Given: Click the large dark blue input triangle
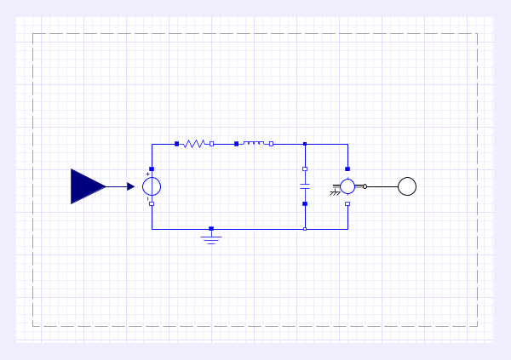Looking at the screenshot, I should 85,186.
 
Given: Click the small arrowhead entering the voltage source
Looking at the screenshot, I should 131,186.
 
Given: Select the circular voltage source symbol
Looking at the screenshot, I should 152,186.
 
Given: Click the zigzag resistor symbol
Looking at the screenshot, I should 194,144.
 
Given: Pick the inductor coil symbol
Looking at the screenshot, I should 254,144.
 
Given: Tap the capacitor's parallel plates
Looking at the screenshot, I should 305,186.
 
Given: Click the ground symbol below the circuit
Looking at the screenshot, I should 211,237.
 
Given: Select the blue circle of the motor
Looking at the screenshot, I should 347,186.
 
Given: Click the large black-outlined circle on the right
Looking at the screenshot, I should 407,186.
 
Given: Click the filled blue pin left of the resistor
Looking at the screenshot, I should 177,144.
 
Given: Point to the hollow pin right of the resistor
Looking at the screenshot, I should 211,144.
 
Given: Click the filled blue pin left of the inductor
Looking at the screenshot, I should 237,144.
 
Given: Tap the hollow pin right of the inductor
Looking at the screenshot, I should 271,144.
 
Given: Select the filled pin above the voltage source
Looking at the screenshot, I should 152,169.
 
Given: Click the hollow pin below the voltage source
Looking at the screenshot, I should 152,203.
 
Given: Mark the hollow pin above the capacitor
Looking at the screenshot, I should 305,169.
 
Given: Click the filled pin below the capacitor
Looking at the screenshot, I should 305,203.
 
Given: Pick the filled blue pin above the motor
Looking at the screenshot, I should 347,169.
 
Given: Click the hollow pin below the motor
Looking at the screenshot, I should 347,203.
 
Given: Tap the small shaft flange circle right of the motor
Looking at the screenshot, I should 365,186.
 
